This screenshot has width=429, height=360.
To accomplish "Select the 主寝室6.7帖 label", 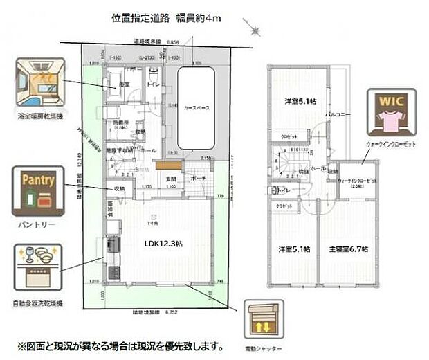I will click(x=348, y=249).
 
